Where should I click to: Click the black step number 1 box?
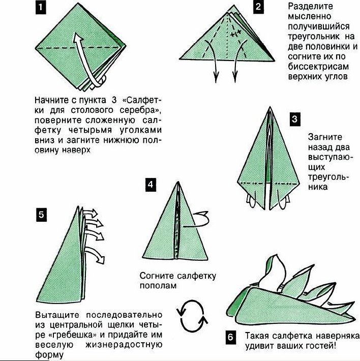pyautogui.click(x=41, y=8)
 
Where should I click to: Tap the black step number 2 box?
pyautogui.click(x=258, y=7)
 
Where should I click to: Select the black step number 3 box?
pyautogui.click(x=295, y=119)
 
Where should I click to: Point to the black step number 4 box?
pyautogui.click(x=151, y=185)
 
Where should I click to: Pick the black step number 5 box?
pyautogui.click(x=41, y=215)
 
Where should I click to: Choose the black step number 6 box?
pyautogui.click(x=231, y=337)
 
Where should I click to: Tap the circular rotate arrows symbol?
pyautogui.click(x=192, y=315)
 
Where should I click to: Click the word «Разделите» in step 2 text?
pyautogui.click(x=310, y=7)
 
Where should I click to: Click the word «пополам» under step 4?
pyautogui.click(x=158, y=286)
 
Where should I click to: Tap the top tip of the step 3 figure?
pyautogui.click(x=270, y=107)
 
